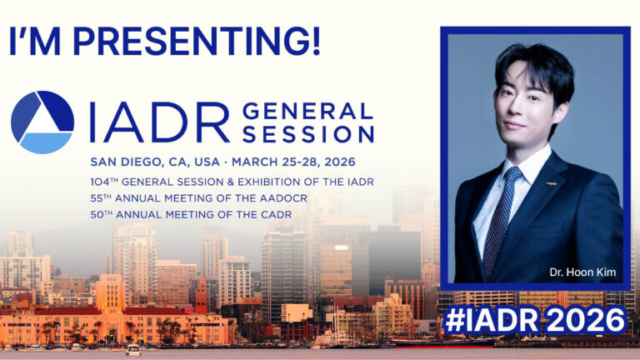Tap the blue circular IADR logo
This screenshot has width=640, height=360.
click(x=42, y=122)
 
